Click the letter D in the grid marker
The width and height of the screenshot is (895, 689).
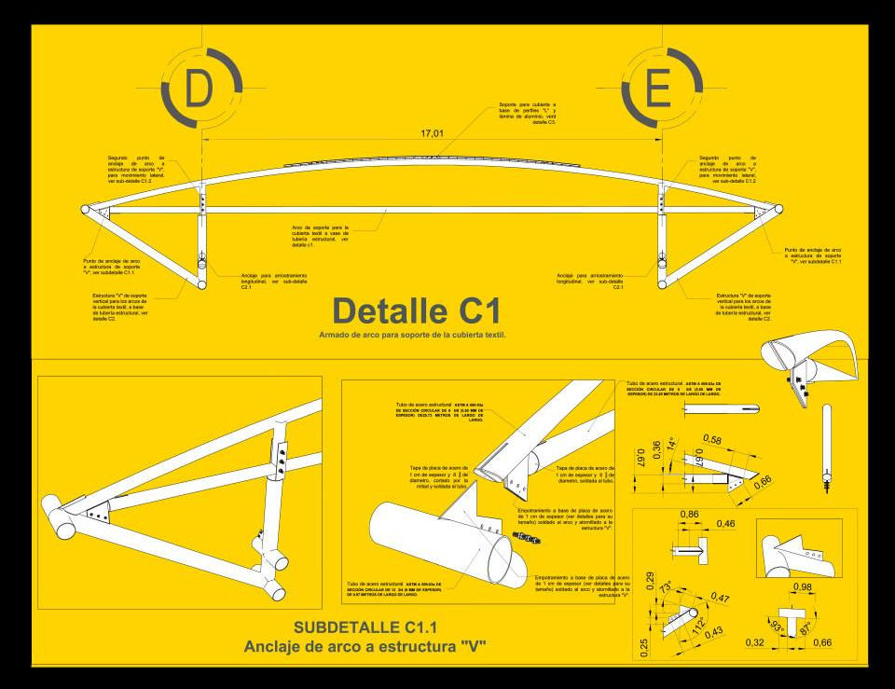point(199,90)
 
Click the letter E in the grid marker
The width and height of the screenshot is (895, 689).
point(659,90)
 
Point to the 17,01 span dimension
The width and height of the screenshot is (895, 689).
point(432,134)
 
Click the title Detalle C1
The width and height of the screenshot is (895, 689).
point(417,310)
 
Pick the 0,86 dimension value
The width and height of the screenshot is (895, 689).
point(690,515)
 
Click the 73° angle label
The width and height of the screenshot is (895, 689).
point(666,588)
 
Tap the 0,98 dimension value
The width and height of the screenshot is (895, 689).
point(800,586)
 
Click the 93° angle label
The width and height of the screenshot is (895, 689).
point(777,626)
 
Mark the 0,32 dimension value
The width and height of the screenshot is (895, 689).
point(755,643)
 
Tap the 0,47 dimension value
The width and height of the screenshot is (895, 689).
point(720,597)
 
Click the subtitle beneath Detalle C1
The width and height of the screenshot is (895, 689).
point(412,334)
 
